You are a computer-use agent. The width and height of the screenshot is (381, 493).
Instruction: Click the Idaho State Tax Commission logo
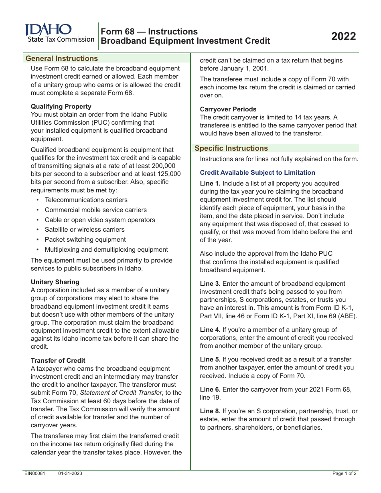pyautogui.click(x=59, y=33)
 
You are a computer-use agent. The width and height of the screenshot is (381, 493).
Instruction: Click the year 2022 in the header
pyautogui.click(x=343, y=36)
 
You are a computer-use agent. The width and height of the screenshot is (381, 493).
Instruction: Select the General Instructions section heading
pyautogui.click(x=62, y=59)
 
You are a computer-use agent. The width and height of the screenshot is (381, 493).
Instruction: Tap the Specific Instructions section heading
pyautogui.click(x=231, y=148)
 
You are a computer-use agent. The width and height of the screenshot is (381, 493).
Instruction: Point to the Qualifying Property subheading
pyautogui.click(x=61, y=107)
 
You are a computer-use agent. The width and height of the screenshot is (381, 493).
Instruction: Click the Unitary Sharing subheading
pyautogui.click(x=55, y=282)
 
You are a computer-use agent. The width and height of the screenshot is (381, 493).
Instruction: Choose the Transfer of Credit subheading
pyautogui.click(x=58, y=361)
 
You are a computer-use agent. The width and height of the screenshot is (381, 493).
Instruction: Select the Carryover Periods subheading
pyautogui.click(x=228, y=109)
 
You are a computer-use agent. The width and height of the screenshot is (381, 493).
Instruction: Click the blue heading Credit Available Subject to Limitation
pyautogui.click(x=257, y=173)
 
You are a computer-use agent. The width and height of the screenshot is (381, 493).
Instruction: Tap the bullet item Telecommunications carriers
pyautogui.click(x=86, y=200)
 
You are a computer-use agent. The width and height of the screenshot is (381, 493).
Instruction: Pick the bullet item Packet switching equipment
pyautogui.click(x=85, y=240)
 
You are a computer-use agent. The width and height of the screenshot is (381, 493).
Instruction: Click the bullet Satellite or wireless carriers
pyautogui.click(x=85, y=230)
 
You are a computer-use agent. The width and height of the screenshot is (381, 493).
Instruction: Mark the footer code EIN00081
pyautogui.click(x=35, y=474)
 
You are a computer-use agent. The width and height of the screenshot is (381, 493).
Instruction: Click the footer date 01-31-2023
pyautogui.click(x=70, y=474)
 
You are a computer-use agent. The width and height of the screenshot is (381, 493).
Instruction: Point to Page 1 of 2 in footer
pyautogui.click(x=345, y=474)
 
